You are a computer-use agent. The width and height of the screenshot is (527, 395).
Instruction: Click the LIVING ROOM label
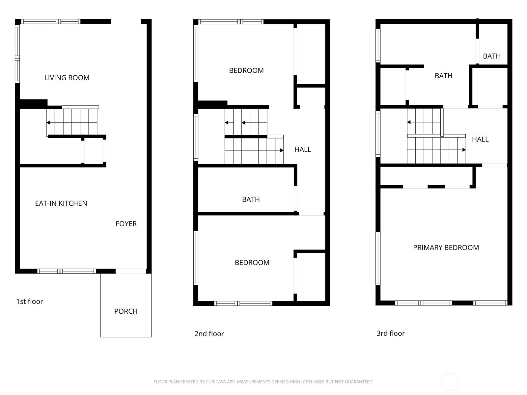pos(67,78)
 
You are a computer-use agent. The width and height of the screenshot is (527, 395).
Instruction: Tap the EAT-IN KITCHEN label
pos(61,203)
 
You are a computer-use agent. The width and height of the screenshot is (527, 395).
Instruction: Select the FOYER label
pos(126,224)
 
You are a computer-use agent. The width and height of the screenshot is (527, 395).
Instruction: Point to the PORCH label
pos(126,311)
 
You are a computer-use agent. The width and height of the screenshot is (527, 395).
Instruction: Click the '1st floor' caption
pos(30,302)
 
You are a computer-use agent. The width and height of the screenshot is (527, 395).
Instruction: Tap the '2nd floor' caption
pos(209,333)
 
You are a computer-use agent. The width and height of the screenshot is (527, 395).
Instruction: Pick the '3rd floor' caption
pos(390,333)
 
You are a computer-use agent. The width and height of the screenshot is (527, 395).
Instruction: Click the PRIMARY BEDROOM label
pos(446,248)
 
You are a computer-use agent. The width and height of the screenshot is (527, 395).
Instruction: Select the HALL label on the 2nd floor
pos(303,150)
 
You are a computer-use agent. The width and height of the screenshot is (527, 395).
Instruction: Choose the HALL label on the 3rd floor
pos(480,139)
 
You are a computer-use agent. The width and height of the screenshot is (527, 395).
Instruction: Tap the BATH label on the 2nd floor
pos(251,199)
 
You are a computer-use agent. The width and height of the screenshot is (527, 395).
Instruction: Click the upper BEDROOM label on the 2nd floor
pos(246,70)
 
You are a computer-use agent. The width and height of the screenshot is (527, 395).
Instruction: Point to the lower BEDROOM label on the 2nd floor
pos(252,263)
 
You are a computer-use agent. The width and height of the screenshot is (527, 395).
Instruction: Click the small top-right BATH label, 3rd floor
pos(492,56)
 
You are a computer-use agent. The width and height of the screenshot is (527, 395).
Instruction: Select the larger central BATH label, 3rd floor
pos(443,76)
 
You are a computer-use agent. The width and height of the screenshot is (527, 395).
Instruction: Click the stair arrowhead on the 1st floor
pos(48,123)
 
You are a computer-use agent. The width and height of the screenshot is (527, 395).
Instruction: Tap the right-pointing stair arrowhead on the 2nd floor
pos(282,150)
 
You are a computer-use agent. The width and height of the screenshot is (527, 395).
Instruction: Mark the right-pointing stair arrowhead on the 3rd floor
pos(464,150)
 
